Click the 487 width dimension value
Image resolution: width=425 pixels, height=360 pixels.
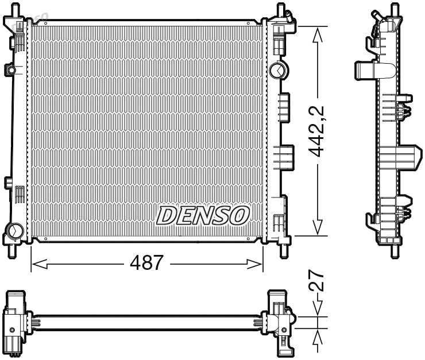146,264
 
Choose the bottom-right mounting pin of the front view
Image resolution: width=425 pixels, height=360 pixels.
282,250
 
